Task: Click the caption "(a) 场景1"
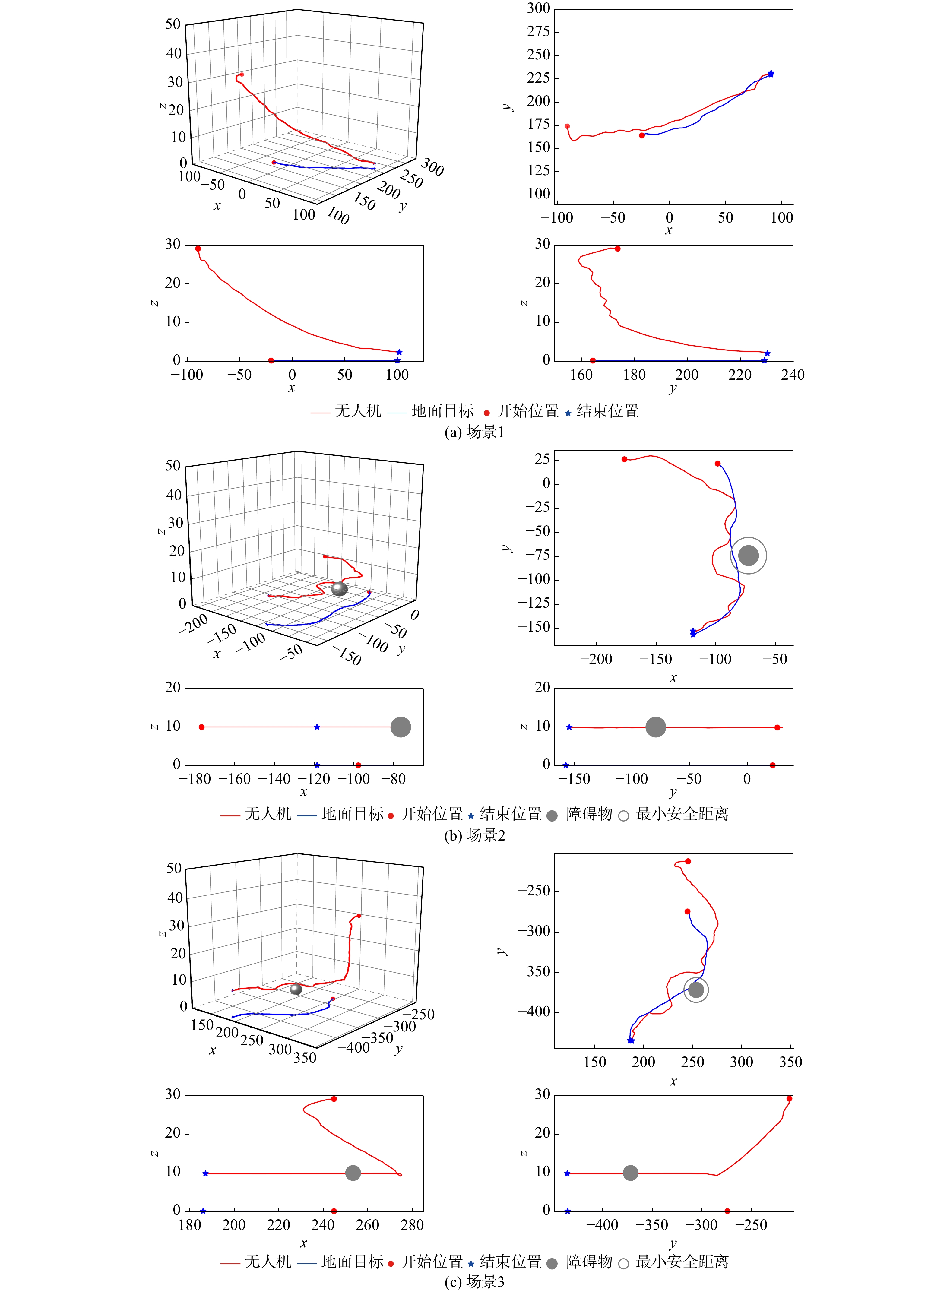(474, 432)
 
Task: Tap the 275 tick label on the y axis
(539, 32)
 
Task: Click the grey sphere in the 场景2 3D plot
(339, 588)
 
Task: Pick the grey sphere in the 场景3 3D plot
(296, 989)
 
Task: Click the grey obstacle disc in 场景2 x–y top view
(748, 556)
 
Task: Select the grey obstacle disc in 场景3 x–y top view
(696, 990)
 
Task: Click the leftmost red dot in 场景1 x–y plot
(568, 126)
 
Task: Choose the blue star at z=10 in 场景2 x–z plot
(317, 727)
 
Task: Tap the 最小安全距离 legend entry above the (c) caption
(682, 1262)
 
